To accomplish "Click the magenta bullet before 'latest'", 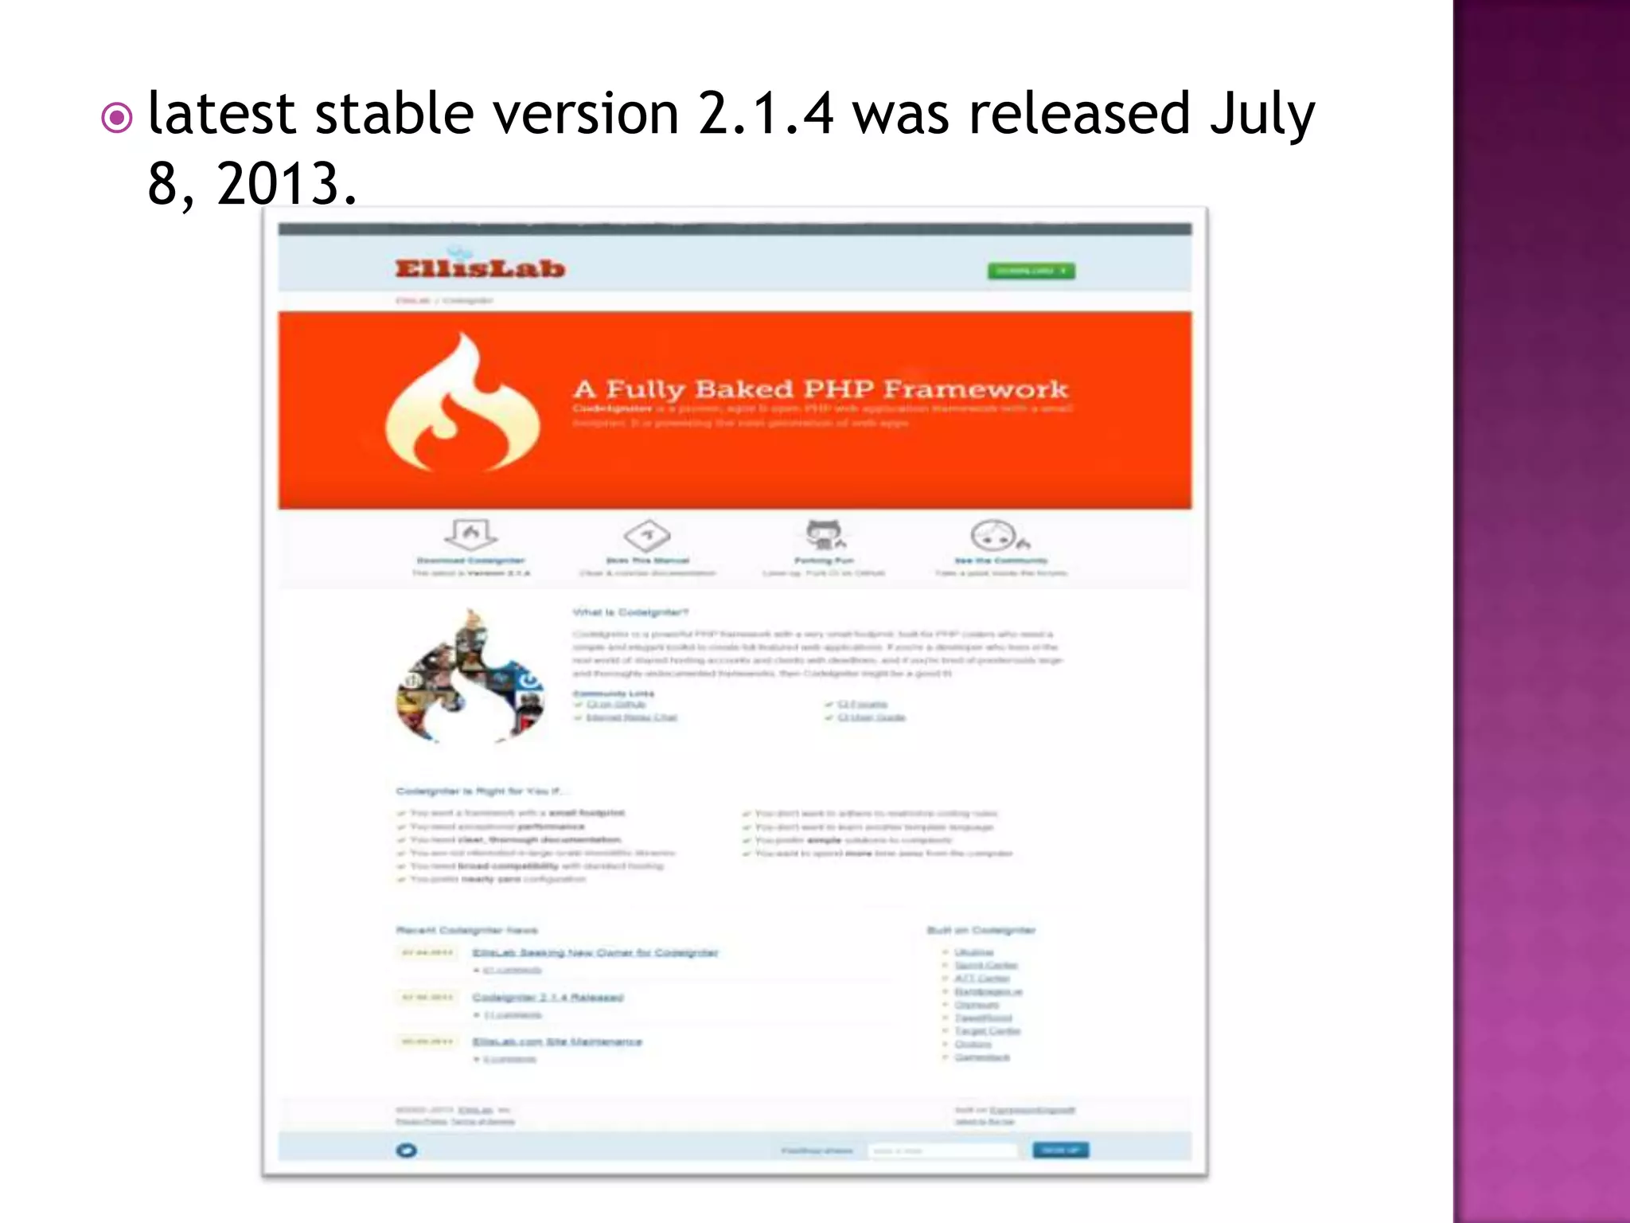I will [117, 119].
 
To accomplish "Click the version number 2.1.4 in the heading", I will [765, 113].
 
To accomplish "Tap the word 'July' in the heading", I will [1261, 113].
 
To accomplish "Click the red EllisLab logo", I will [480, 268].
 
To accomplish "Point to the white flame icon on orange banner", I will [461, 407].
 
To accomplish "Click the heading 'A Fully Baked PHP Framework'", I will [820, 389].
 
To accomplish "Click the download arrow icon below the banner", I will [470, 534].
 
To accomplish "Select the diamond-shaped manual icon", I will [647, 535].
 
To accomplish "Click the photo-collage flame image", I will [470, 679].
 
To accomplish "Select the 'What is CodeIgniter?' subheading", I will [630, 611].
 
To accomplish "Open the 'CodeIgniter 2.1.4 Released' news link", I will [548, 997].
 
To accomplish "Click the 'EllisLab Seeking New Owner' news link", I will [595, 952].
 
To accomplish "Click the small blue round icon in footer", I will [406, 1150].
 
